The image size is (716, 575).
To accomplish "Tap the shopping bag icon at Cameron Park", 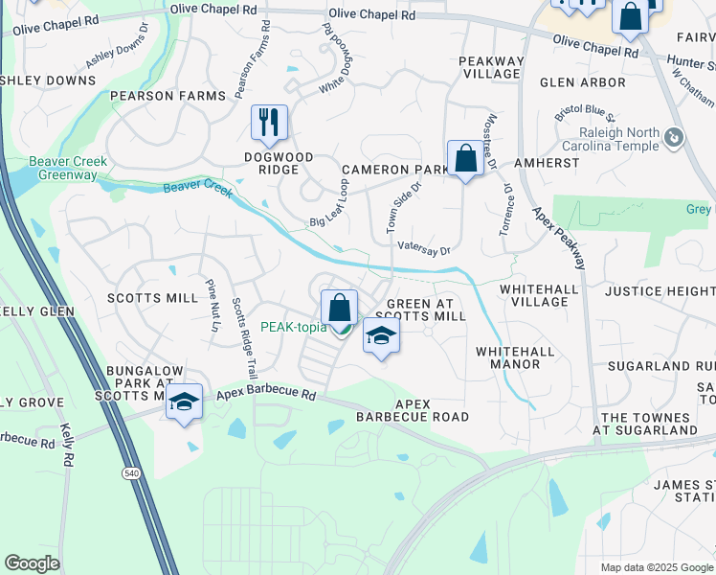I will tap(465, 158).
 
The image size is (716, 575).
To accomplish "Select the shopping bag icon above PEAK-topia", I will tap(339, 308).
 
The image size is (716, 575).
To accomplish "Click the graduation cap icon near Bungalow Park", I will tap(183, 402).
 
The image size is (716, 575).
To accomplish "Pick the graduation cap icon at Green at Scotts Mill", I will tap(381, 336).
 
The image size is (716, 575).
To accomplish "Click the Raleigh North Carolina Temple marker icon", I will tap(674, 139).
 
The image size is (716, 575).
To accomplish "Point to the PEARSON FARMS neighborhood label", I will tap(168, 96).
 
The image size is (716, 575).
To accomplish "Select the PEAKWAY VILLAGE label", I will tap(492, 68).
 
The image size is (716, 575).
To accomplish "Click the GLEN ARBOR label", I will tap(582, 82).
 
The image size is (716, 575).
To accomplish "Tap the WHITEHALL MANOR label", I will tap(515, 357).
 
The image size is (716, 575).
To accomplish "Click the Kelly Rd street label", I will tap(67, 446).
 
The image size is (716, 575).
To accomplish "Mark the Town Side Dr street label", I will tap(404, 208).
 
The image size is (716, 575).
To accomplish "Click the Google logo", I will tap(32, 563).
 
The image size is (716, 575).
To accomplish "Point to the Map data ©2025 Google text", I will tap(656, 567).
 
